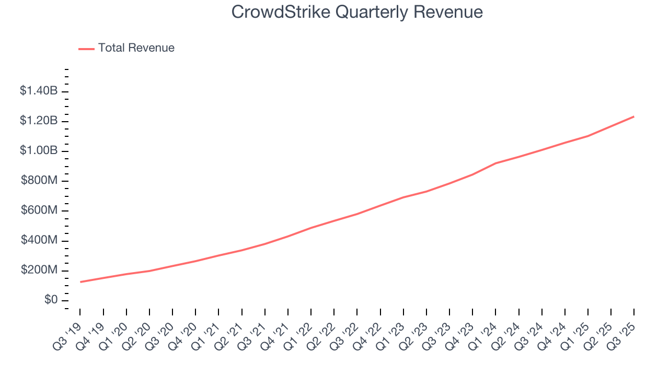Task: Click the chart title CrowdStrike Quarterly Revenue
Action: tap(357, 12)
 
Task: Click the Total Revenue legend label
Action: tap(136, 48)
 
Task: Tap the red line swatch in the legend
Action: tap(86, 49)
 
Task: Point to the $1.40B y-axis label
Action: tap(39, 91)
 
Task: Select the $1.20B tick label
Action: tap(39, 121)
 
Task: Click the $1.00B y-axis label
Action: tap(39, 150)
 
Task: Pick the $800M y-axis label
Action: tap(39, 181)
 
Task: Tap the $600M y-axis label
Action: tap(39, 210)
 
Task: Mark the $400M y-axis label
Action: tap(39, 240)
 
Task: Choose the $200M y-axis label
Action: tap(39, 271)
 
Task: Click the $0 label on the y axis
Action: tap(51, 300)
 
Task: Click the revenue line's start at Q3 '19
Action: tap(80, 282)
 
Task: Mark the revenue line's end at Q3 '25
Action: tap(634, 116)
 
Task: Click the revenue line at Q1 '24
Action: tap(495, 163)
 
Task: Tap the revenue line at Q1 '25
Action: tap(588, 136)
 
